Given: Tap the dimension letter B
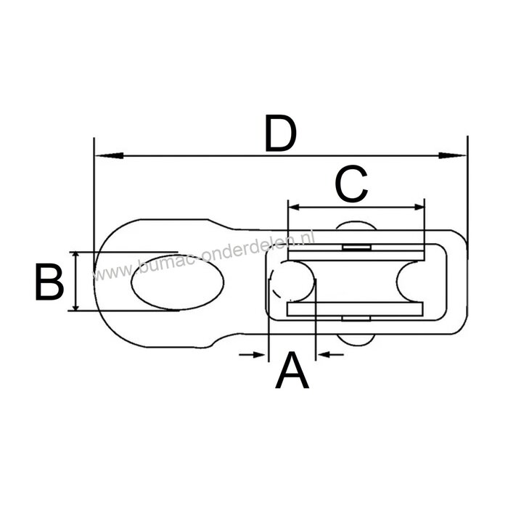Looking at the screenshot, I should [49, 282].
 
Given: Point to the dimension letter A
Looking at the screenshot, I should [292, 371].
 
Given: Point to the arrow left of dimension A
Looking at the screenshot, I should [254, 354].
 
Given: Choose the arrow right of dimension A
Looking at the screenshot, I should [328, 354].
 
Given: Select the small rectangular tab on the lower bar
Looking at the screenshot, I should [354, 316].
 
